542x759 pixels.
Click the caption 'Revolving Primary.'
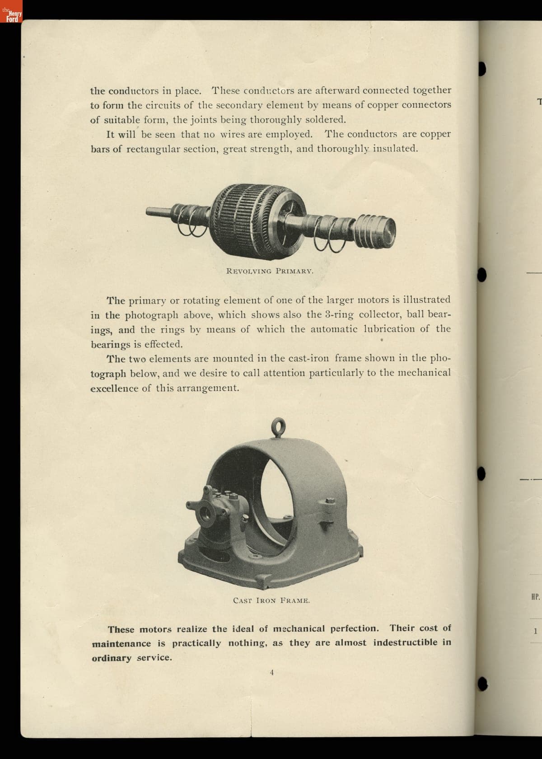(x=270, y=271)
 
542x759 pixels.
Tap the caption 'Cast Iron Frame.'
(x=271, y=600)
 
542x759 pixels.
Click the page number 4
(x=271, y=672)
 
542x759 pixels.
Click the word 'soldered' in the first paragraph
(x=326, y=120)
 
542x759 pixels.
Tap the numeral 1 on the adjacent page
(x=535, y=631)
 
